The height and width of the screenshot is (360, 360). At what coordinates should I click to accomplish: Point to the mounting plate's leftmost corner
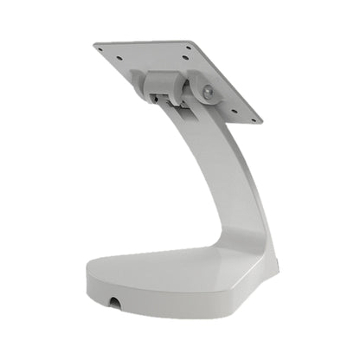coord(95,47)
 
